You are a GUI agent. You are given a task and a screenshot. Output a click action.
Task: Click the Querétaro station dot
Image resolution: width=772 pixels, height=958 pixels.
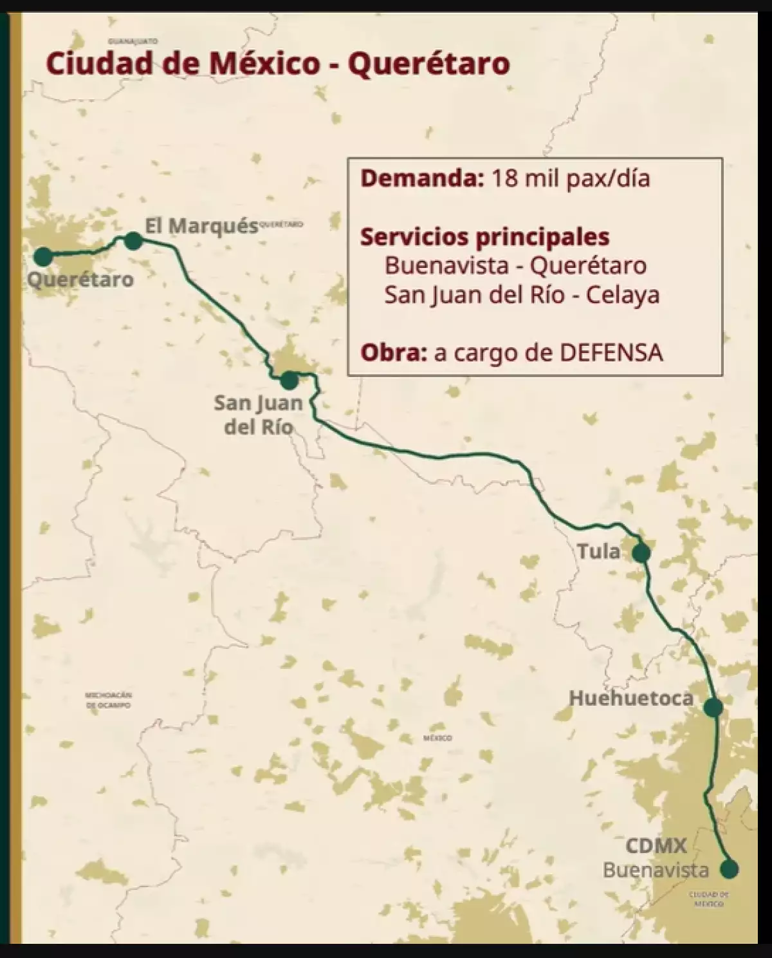coord(42,257)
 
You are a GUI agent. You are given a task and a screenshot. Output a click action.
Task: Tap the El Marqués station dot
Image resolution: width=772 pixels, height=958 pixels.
coord(133,241)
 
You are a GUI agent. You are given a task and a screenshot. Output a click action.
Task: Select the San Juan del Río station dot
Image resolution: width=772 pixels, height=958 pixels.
coord(289,380)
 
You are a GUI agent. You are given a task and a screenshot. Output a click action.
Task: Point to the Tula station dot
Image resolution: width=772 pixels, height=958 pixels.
coord(641,552)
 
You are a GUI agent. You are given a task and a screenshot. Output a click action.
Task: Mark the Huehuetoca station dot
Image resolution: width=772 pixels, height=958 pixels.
coord(713,708)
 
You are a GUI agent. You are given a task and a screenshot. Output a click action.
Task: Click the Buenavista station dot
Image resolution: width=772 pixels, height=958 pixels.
coord(729,869)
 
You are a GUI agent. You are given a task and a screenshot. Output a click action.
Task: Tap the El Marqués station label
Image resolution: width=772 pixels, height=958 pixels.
coord(201,226)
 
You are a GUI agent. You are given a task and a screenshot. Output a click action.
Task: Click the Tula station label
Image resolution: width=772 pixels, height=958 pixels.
coord(598,551)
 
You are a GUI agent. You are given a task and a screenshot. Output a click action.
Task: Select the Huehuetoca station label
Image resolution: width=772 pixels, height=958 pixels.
coord(631,699)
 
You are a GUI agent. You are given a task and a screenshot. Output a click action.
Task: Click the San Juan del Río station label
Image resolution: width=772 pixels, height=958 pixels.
coord(259,415)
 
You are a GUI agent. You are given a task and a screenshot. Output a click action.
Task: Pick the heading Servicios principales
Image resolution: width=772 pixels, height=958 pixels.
coord(484,237)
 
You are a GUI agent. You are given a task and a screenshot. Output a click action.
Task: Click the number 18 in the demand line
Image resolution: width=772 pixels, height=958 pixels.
coord(504,178)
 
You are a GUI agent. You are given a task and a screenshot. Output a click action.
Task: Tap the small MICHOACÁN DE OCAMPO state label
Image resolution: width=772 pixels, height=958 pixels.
coord(108,700)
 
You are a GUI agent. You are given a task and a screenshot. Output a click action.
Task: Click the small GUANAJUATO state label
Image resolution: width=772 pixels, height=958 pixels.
coord(133,41)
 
